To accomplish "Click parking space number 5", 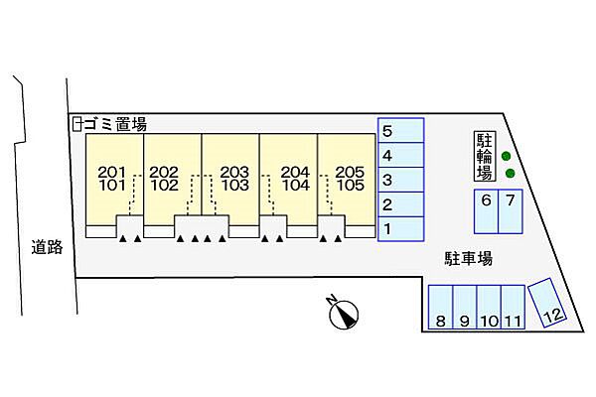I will tap(401, 131).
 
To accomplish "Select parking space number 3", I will tap(401, 181).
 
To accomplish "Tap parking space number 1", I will tap(401, 230).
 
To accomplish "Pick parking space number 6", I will tap(486, 210).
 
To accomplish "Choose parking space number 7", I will tap(510, 210).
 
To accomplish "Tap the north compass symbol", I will tap(343, 314).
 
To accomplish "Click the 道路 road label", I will tap(47, 247).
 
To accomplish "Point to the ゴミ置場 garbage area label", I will tap(114, 124).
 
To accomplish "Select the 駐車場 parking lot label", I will tap(468, 258).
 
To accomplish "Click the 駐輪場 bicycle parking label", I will tap(484, 157).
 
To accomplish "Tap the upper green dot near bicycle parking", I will tap(506, 156).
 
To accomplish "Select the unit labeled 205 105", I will tap(349, 179).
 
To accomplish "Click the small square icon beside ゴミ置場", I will tap(76, 124).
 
